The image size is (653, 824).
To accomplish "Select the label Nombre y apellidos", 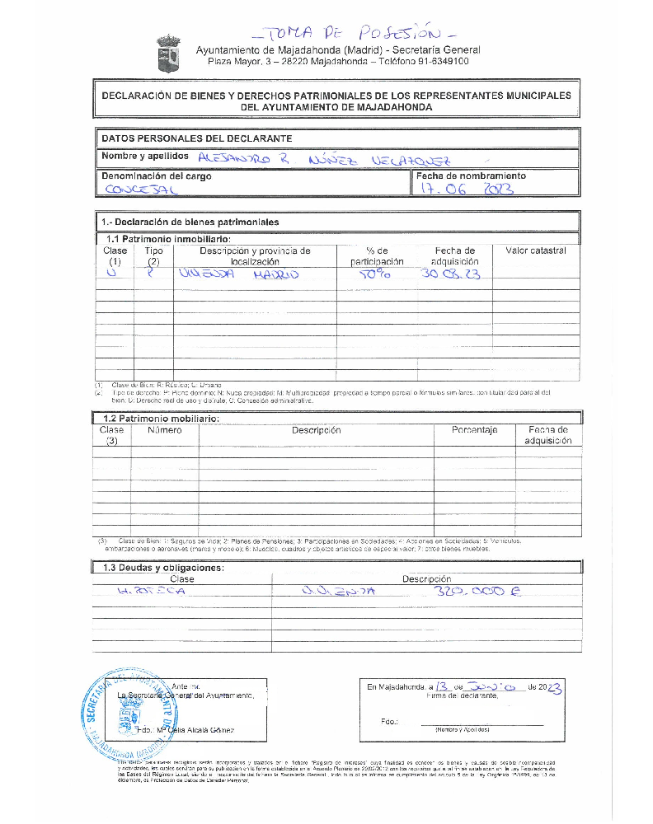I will tap(144, 157).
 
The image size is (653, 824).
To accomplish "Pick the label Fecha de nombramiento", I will tap(471, 176).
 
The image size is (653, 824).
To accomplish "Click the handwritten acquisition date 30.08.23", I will tap(450, 274).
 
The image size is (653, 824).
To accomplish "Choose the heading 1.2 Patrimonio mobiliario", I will tap(156, 419).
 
